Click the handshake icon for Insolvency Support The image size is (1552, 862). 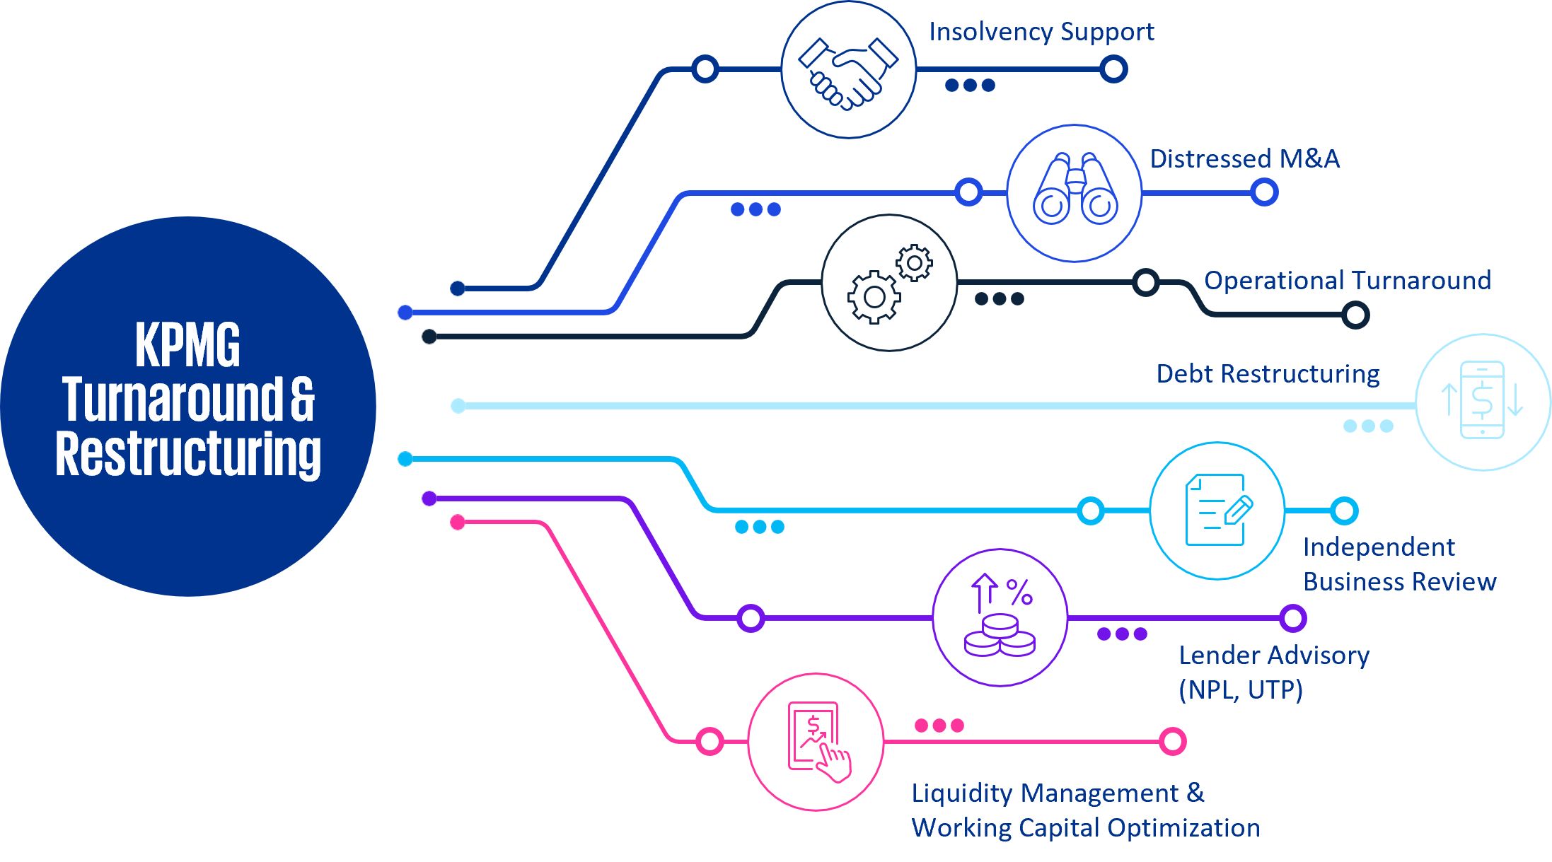point(848,73)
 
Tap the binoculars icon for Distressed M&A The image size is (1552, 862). point(1075,190)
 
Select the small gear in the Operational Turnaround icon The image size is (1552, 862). point(914,263)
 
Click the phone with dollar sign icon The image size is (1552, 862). point(1482,400)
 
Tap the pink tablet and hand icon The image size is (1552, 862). point(818,740)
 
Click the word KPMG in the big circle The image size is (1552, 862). point(187,344)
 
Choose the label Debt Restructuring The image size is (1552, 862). point(1268,373)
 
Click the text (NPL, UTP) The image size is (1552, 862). point(1240,689)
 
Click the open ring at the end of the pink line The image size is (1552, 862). point(1172,741)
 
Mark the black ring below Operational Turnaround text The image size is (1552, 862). point(1355,315)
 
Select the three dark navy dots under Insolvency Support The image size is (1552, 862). point(970,86)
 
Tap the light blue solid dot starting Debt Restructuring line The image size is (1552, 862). point(458,405)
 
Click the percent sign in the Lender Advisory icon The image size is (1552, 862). point(1019,592)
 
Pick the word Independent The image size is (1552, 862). point(1379,547)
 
